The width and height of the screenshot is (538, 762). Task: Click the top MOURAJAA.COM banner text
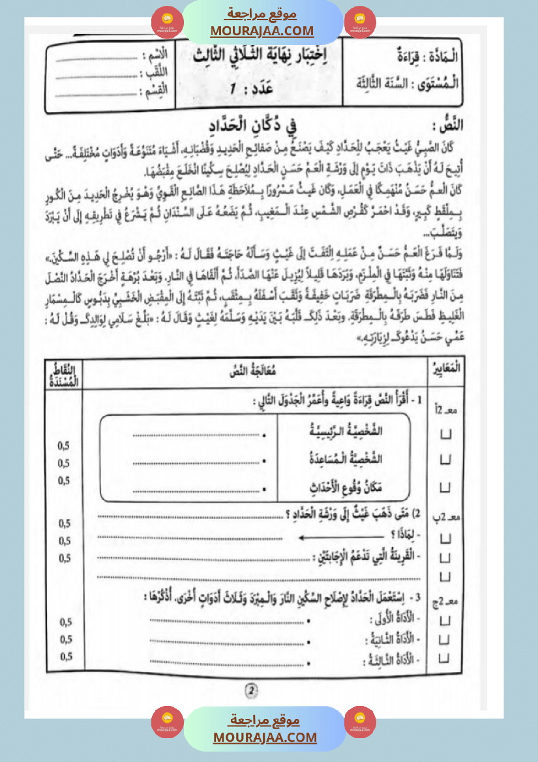tap(262, 31)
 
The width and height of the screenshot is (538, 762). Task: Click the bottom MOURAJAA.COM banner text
tap(265, 737)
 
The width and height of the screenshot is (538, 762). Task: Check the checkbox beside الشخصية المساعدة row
tap(446, 460)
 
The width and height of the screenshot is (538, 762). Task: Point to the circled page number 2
tap(251, 690)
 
